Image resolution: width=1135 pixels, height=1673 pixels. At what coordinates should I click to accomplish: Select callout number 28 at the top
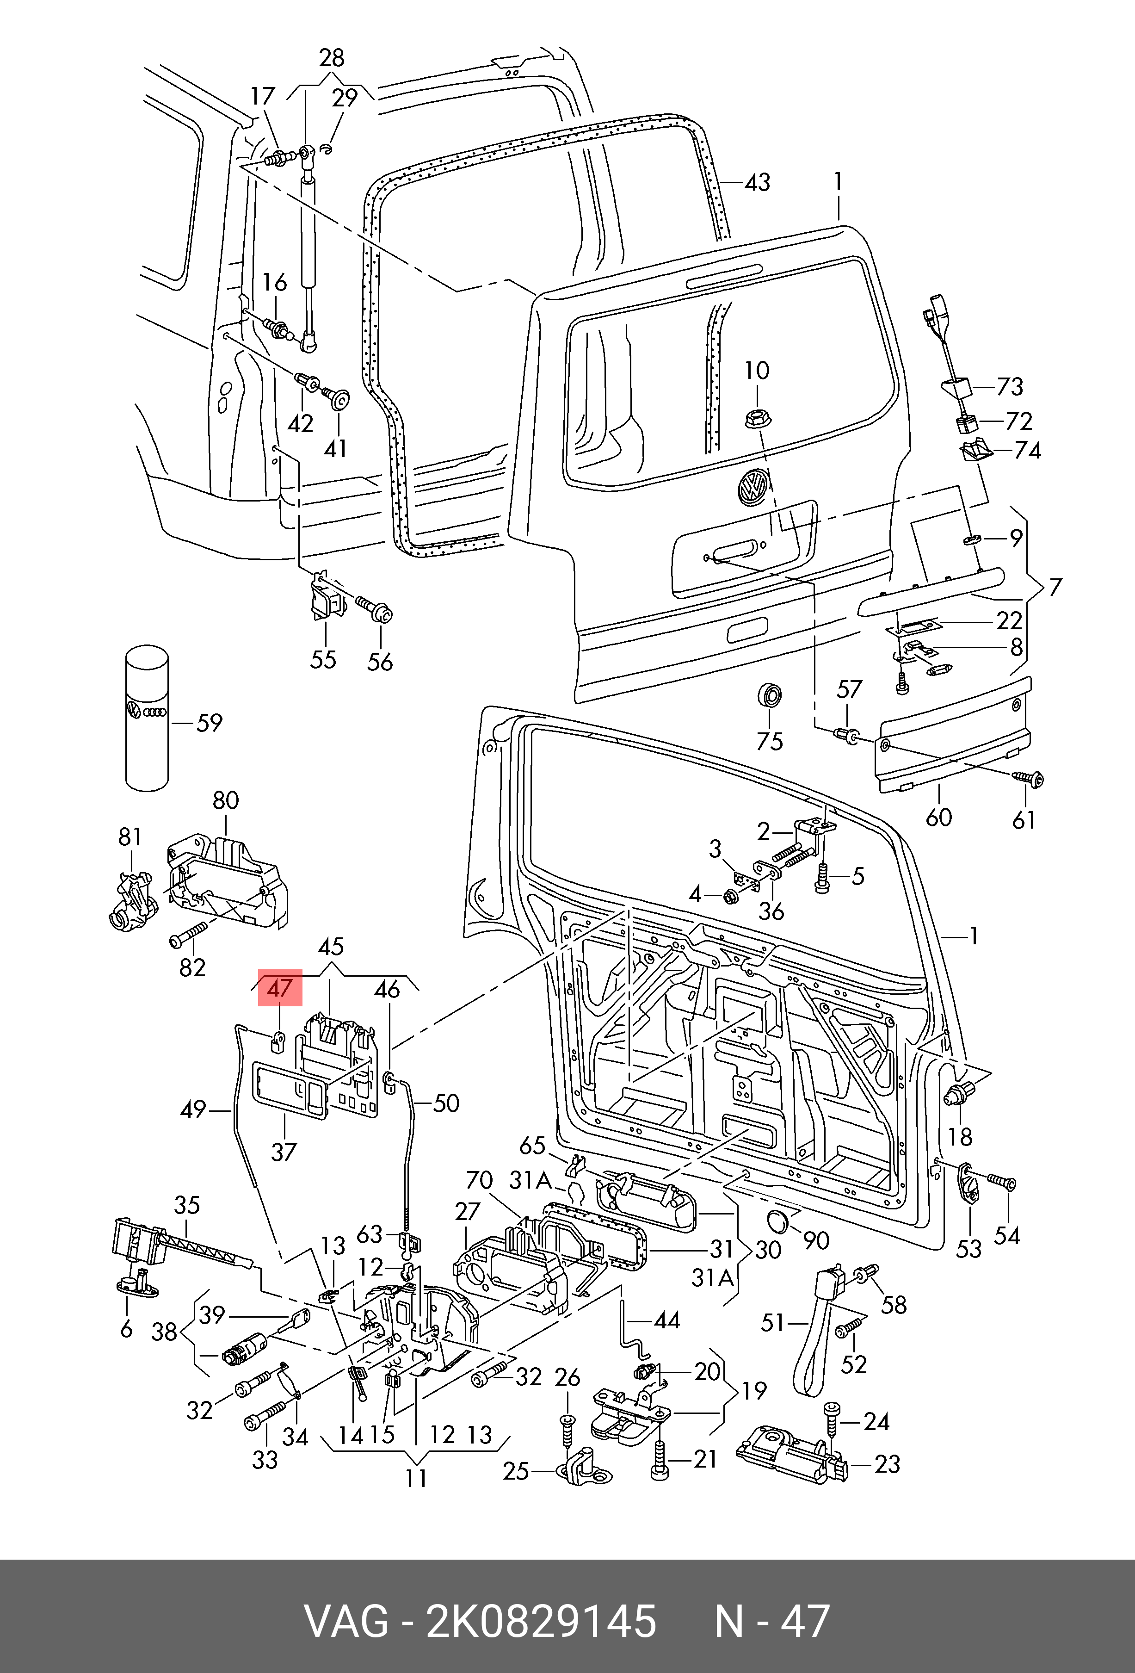click(331, 57)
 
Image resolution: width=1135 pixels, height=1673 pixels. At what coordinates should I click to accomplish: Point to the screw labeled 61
click(1029, 779)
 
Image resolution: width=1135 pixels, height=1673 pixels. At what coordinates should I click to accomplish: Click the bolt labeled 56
click(380, 613)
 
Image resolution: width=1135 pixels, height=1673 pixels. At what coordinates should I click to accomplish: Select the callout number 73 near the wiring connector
click(1010, 387)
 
